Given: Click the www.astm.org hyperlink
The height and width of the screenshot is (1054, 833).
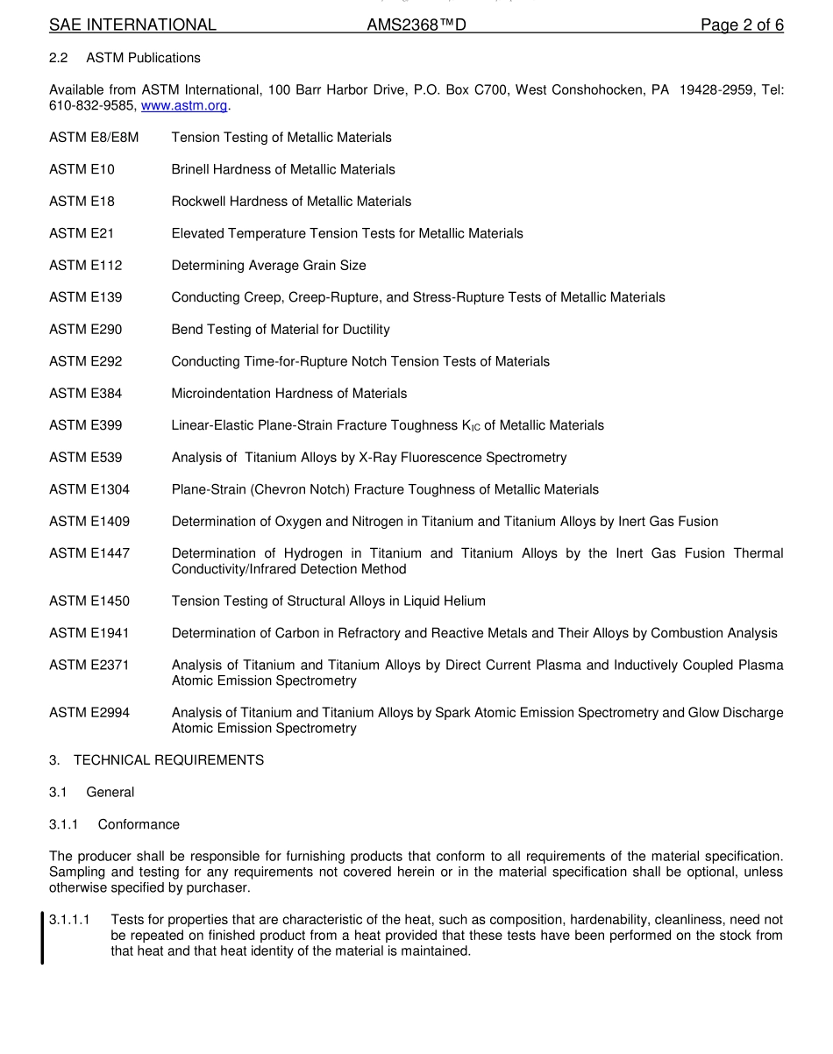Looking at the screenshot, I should pos(184,105).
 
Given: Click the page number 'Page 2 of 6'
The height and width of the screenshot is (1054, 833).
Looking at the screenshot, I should pos(742,25).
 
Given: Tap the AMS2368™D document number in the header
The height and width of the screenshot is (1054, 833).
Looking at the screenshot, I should pos(416,25).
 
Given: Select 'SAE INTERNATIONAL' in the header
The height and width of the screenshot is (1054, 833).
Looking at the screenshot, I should pos(132,25).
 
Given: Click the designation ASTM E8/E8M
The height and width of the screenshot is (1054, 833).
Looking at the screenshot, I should pos(94,138).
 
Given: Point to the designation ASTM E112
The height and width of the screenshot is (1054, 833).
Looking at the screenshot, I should pos(86,266).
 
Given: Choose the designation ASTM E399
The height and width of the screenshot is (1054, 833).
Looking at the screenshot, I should pos(86,425).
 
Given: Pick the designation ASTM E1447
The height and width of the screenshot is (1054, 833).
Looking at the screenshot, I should pos(89,553).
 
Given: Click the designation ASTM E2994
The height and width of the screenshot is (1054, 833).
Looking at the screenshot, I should pos(89,713).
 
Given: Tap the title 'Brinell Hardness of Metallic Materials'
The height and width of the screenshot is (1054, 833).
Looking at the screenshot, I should pos(283,169).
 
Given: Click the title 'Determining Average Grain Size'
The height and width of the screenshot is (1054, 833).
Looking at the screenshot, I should pos(268,266).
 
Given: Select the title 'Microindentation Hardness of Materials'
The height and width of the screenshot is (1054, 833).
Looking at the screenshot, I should pos(289,394).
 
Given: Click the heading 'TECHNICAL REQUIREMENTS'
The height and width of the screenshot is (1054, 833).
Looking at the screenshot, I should pos(168,760).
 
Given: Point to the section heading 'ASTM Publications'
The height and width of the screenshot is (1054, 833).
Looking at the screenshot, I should pos(143,58).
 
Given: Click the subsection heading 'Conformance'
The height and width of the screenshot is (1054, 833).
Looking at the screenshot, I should pos(139,824).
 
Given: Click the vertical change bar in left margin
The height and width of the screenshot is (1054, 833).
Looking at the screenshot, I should pos(42,936).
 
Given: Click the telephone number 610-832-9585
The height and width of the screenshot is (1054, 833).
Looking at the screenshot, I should pos(92,105).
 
